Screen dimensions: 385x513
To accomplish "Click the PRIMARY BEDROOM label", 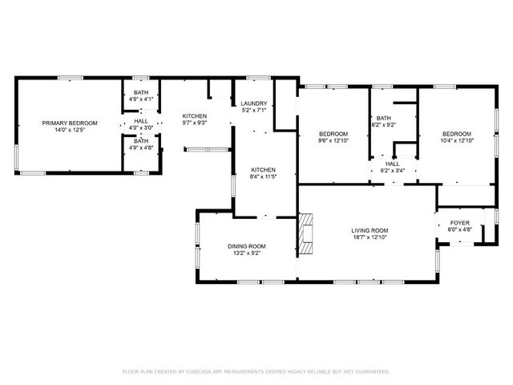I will [71, 123].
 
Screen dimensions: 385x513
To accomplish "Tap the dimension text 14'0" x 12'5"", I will [71, 130].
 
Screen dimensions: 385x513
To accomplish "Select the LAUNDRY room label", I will [254, 103].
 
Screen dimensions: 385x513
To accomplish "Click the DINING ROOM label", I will [247, 246].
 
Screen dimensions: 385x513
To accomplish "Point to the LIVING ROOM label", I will [370, 230].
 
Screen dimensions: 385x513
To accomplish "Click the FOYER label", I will [460, 222].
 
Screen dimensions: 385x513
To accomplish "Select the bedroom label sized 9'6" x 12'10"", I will [333, 133].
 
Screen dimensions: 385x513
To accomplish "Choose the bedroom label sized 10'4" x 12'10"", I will [456, 133].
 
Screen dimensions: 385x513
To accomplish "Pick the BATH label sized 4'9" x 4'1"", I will [141, 93].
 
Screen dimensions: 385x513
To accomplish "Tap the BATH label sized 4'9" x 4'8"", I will [141, 141].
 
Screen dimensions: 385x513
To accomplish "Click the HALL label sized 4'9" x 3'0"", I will [141, 121].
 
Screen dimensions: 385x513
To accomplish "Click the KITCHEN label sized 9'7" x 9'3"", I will [194, 116].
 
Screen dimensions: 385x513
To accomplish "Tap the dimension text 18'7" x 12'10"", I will [370, 237].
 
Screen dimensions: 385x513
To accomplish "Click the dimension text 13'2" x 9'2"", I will [247, 253].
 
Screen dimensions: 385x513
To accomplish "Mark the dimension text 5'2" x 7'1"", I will [254, 111].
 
